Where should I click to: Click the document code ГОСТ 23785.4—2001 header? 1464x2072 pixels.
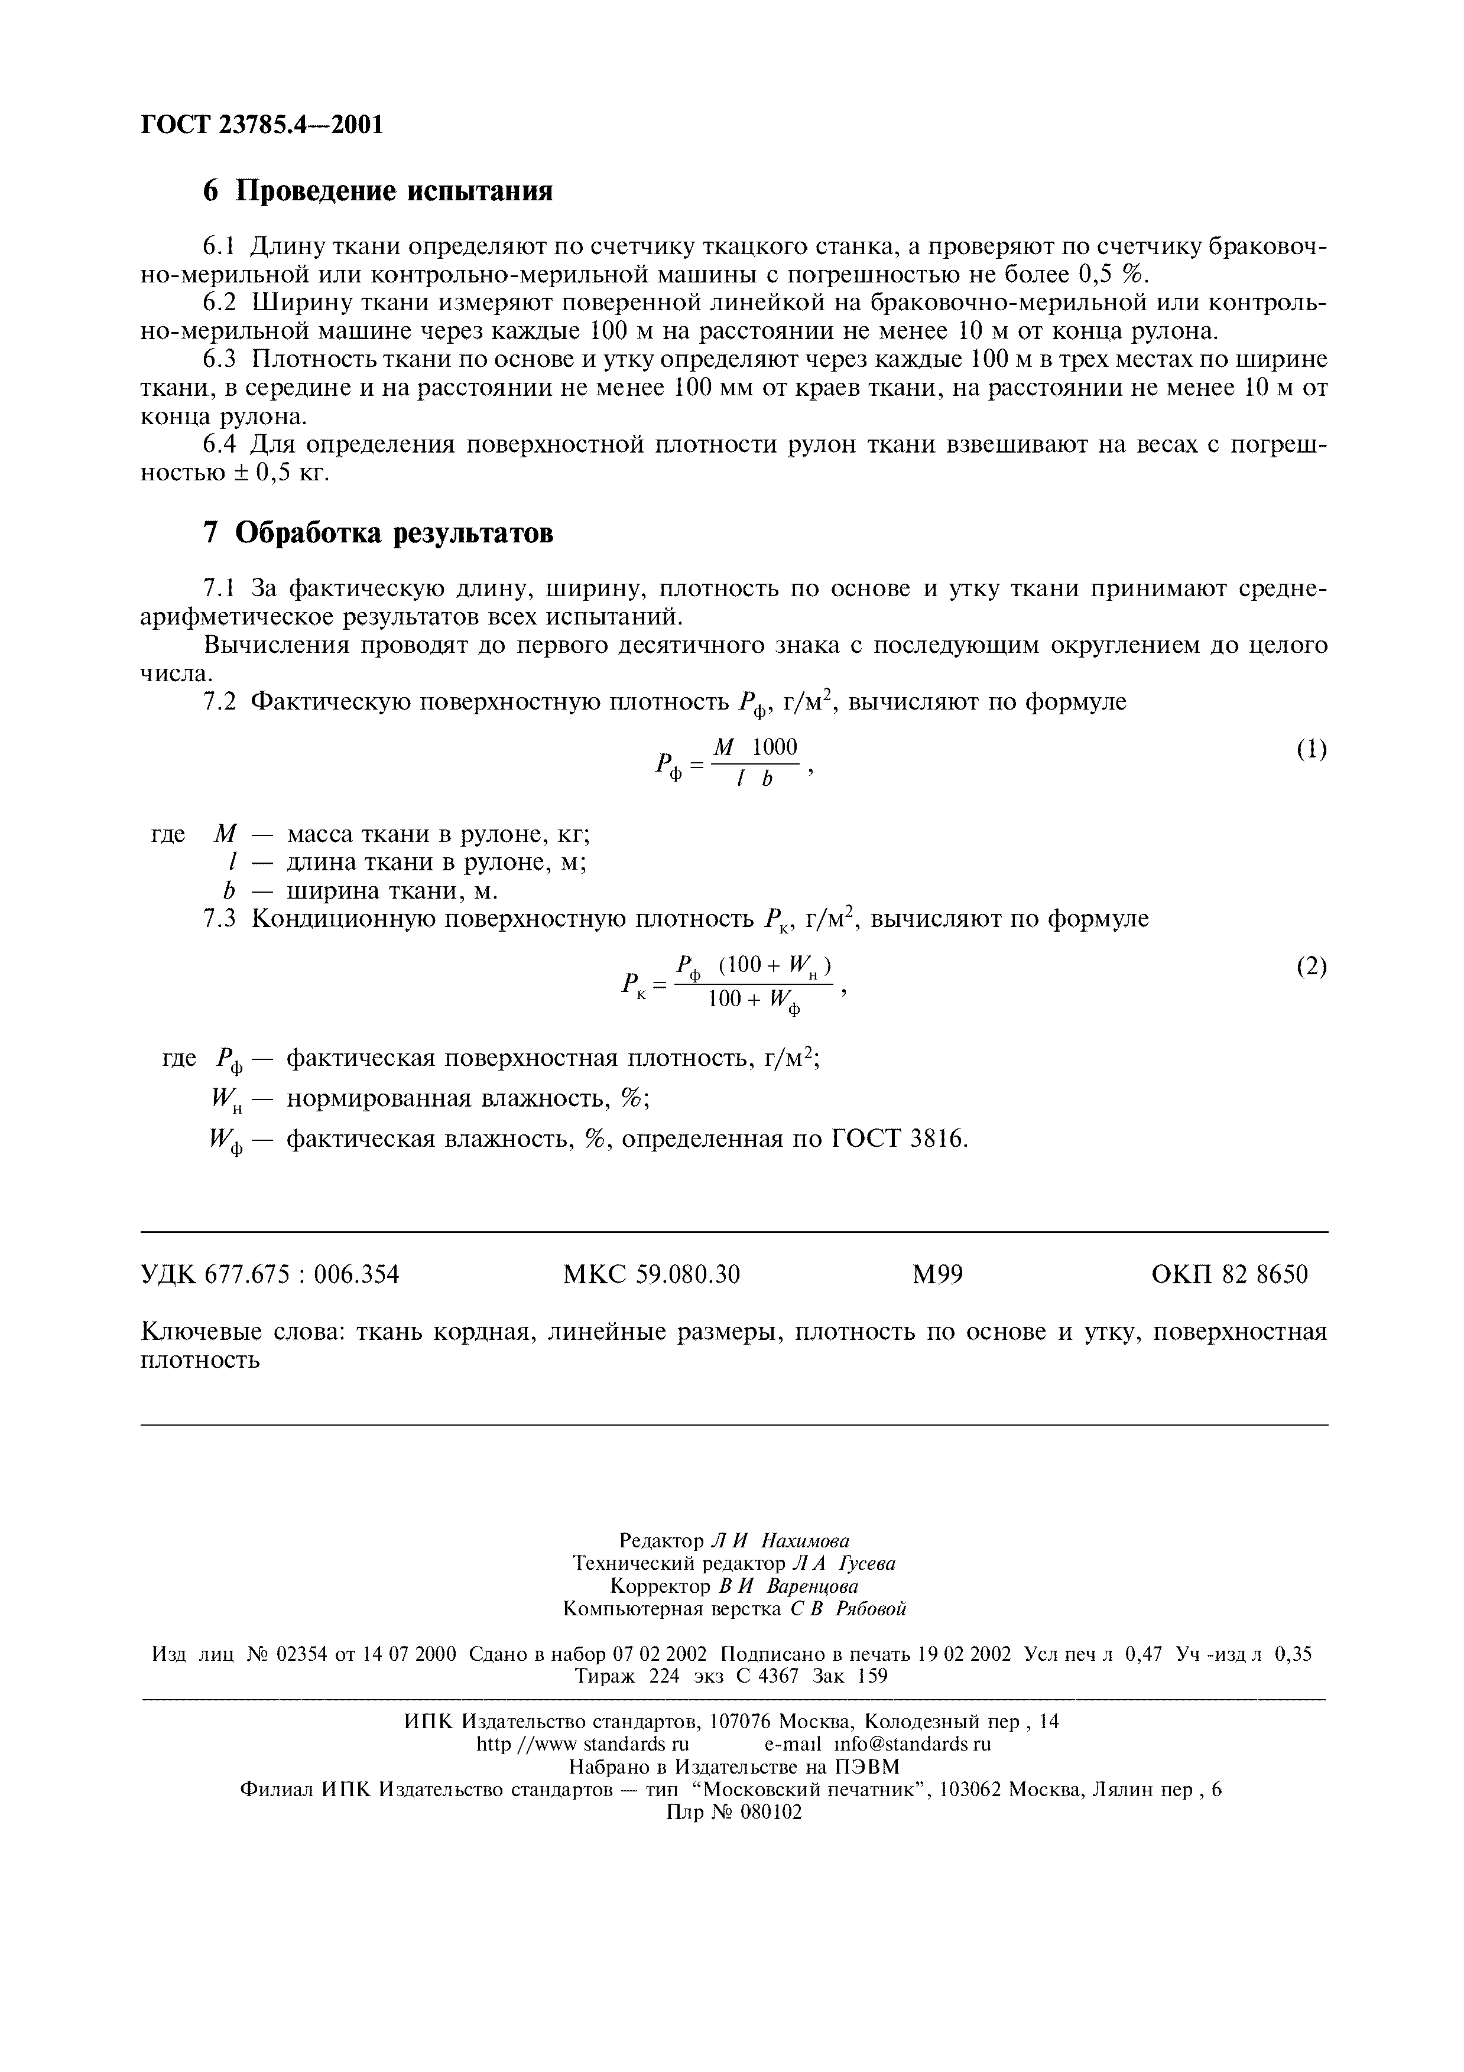click(x=262, y=125)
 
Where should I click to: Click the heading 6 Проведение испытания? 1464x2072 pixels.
click(x=377, y=191)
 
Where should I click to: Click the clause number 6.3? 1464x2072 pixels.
click(x=219, y=359)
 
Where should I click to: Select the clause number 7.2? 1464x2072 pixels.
click(x=219, y=701)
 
